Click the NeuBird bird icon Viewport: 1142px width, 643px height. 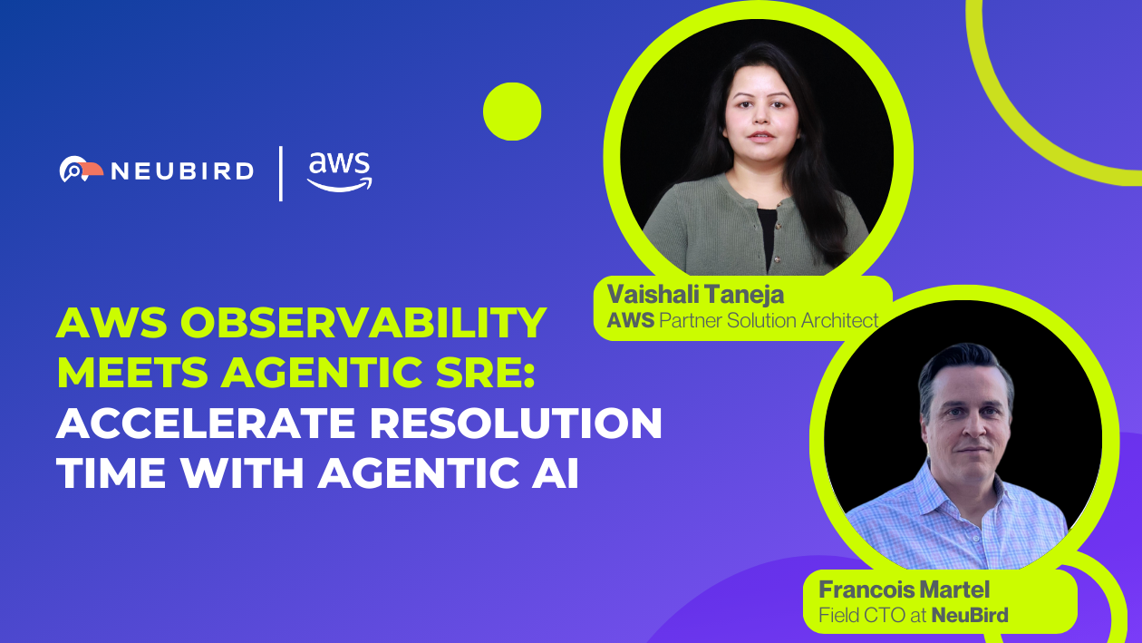click(81, 169)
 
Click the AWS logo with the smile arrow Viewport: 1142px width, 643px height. click(340, 171)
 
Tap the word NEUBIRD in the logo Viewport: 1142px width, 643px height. click(182, 171)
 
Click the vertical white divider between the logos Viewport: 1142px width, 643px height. click(280, 173)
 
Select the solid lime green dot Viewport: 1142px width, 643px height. click(512, 112)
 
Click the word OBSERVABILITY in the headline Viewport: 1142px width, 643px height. click(363, 323)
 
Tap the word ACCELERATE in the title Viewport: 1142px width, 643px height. click(206, 423)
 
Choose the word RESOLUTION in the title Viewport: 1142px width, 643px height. click(516, 423)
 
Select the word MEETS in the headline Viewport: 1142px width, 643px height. click(132, 372)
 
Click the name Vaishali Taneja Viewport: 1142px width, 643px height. click(695, 295)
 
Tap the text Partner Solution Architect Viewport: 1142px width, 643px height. click(769, 320)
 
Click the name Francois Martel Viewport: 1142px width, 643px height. click(904, 589)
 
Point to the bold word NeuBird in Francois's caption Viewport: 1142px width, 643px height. click(970, 615)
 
